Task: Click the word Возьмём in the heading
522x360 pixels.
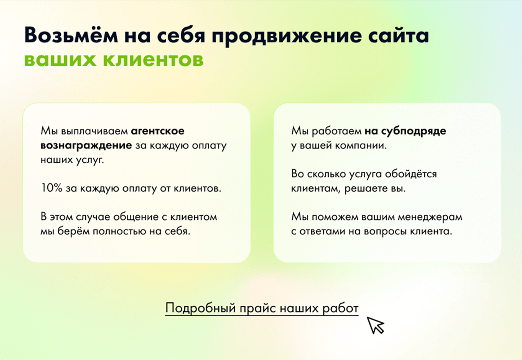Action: [x=71, y=35]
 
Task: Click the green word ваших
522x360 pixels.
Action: [x=60, y=60]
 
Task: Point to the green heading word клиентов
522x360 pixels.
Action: [x=153, y=60]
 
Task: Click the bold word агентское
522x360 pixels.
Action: [x=157, y=131]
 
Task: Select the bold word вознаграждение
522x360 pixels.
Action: [x=86, y=146]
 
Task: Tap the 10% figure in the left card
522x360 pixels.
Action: [x=51, y=188]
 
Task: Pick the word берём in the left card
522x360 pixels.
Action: [x=73, y=231]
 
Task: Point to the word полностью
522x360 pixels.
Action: [x=119, y=232]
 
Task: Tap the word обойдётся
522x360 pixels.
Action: [x=411, y=174]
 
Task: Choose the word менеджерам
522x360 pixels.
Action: [x=430, y=218]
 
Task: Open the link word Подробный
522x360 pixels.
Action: [x=201, y=308]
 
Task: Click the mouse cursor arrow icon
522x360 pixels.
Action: [x=375, y=325]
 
